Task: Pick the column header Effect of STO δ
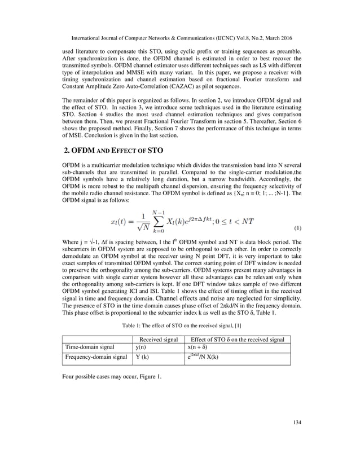click(238, 339)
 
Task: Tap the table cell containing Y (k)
click(142, 358)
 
